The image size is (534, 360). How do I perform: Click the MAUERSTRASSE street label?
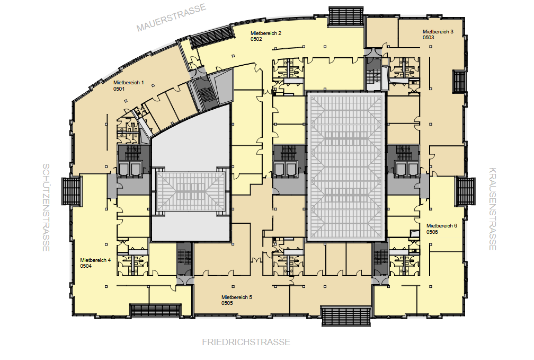click(171, 17)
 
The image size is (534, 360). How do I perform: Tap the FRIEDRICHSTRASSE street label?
click(246, 342)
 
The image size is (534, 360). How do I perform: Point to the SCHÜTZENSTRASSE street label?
click(46, 207)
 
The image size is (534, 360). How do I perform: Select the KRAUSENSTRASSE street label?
click(493, 209)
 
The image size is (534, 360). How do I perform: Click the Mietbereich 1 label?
click(129, 83)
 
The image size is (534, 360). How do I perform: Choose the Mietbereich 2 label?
click(266, 33)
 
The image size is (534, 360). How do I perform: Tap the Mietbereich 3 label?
click(438, 32)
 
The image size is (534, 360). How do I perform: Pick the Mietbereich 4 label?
click(95, 260)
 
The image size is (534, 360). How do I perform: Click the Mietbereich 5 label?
click(237, 297)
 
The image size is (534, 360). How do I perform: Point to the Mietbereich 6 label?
click(442, 226)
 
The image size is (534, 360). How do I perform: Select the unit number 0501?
click(119, 89)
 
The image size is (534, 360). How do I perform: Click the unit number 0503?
click(429, 38)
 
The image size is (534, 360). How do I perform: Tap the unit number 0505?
click(227, 303)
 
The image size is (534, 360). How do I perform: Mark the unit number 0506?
click(432, 232)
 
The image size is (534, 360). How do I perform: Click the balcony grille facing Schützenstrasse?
click(72, 191)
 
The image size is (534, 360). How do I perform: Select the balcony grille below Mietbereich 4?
click(156, 311)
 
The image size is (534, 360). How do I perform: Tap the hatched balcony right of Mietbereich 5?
click(346, 317)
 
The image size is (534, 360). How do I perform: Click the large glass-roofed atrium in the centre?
click(346, 167)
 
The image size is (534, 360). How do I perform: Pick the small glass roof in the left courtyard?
click(191, 191)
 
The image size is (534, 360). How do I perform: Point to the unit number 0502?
click(256, 39)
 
